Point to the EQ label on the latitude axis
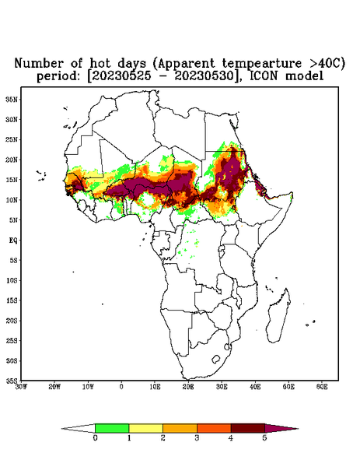[x=12, y=240]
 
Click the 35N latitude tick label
[x=12, y=100]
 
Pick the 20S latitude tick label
[x=12, y=321]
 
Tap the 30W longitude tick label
[x=21, y=387]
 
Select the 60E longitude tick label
[x=322, y=387]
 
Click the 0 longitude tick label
[x=121, y=387]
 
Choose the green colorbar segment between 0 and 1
[x=112, y=428]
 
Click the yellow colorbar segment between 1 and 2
[x=145, y=428]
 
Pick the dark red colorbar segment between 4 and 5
[x=248, y=428]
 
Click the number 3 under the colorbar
[x=197, y=438]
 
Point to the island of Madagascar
[x=278, y=316]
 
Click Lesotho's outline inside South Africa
[x=216, y=359]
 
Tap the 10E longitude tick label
[x=155, y=387]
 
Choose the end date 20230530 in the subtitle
[x=204, y=76]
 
